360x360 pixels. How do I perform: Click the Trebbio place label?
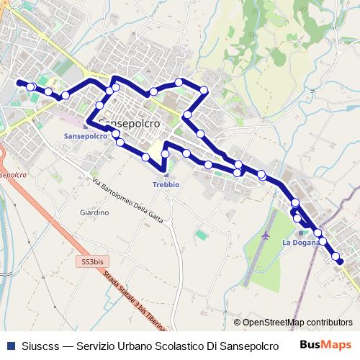(x=166, y=184)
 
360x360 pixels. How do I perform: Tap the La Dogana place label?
(x=300, y=242)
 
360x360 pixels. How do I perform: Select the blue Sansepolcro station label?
(x=86, y=135)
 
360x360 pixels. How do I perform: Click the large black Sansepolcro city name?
(x=127, y=122)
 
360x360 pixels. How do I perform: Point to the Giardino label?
(x=94, y=213)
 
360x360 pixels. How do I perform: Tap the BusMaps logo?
(x=331, y=344)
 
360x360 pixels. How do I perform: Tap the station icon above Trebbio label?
(x=166, y=173)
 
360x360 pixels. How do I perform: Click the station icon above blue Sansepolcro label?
(x=86, y=125)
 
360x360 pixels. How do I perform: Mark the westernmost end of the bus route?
(x=19, y=83)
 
